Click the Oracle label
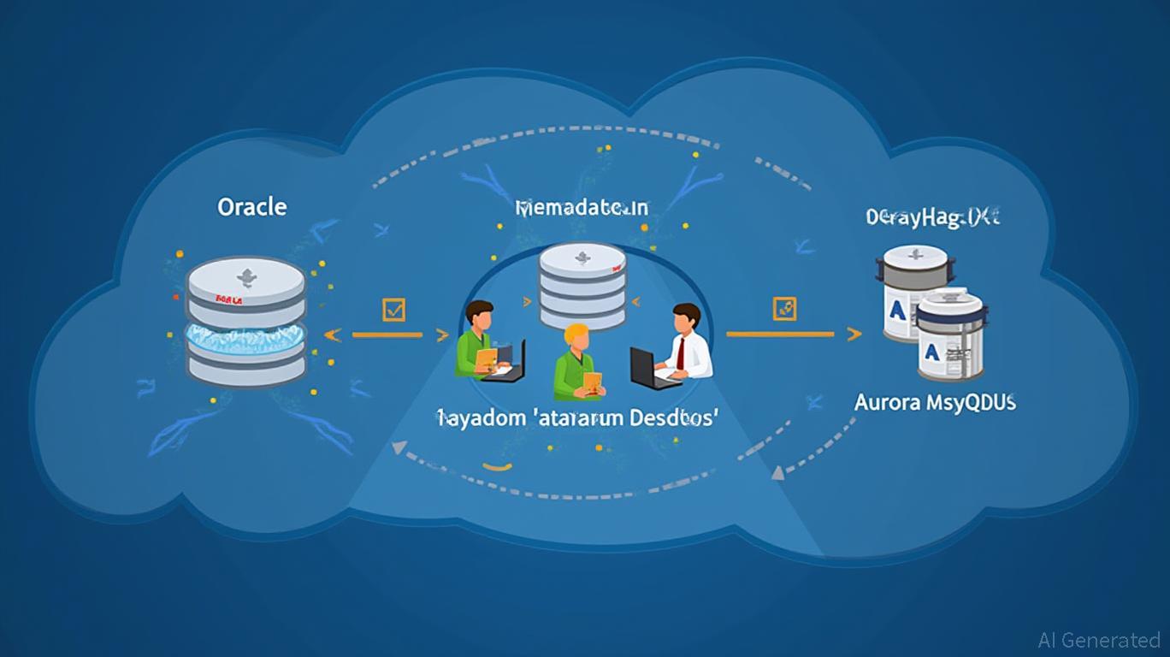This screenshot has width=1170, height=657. pos(252,207)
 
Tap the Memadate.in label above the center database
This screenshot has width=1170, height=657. pos(582,207)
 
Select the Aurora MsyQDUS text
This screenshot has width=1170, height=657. pos(935,402)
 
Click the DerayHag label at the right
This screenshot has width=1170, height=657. pos(932,216)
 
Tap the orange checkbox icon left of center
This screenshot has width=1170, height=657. pos(393,310)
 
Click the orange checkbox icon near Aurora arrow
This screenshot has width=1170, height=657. pos(783,309)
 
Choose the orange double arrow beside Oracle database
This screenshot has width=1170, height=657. pos(387,335)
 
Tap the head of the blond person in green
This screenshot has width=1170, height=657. pos(577,339)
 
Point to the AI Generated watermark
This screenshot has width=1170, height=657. pos(1098,640)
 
